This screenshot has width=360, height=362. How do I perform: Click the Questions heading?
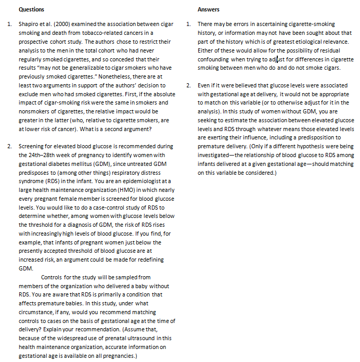pyautogui.click(x=31, y=9)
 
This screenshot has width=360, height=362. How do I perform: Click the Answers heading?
pyautogui.click(x=209, y=9)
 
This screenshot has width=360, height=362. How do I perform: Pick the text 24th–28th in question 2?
pyautogui.click(x=41, y=155)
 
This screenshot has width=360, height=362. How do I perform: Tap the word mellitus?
pyautogui.click(x=72, y=163)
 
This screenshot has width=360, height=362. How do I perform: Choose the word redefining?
pyautogui.click(x=150, y=260)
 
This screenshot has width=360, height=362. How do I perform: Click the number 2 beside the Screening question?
pyautogui.click(x=9, y=146)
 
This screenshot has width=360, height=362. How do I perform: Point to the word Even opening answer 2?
pyautogui.click(x=203, y=85)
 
